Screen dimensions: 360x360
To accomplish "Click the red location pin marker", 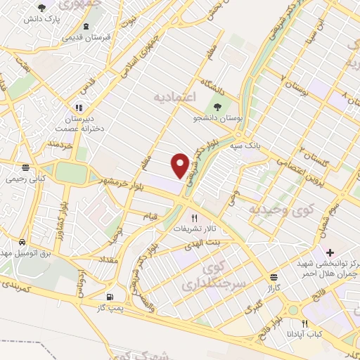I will pos(181,165).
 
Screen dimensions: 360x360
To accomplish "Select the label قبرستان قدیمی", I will pos(86,37).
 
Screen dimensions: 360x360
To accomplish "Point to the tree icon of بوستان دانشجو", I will pos(218,107).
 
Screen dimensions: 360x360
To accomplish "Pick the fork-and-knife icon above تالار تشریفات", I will pos(195,218).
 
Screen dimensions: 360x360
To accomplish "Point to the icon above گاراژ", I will pos(274,277).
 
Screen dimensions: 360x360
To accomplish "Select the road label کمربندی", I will pos(23,288).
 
